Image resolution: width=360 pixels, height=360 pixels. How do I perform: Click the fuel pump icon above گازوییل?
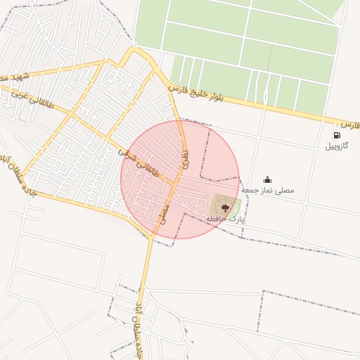[337, 135]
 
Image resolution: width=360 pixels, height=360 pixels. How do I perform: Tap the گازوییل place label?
[336, 147]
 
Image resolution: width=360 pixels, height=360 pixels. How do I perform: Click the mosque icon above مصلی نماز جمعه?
[267, 179]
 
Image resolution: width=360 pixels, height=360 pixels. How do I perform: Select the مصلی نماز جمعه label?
[268, 191]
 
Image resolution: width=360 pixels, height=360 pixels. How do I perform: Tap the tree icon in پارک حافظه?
[226, 207]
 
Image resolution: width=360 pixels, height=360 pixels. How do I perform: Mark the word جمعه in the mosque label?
[252, 191]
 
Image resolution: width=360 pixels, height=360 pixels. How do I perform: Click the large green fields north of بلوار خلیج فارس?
[246, 42]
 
